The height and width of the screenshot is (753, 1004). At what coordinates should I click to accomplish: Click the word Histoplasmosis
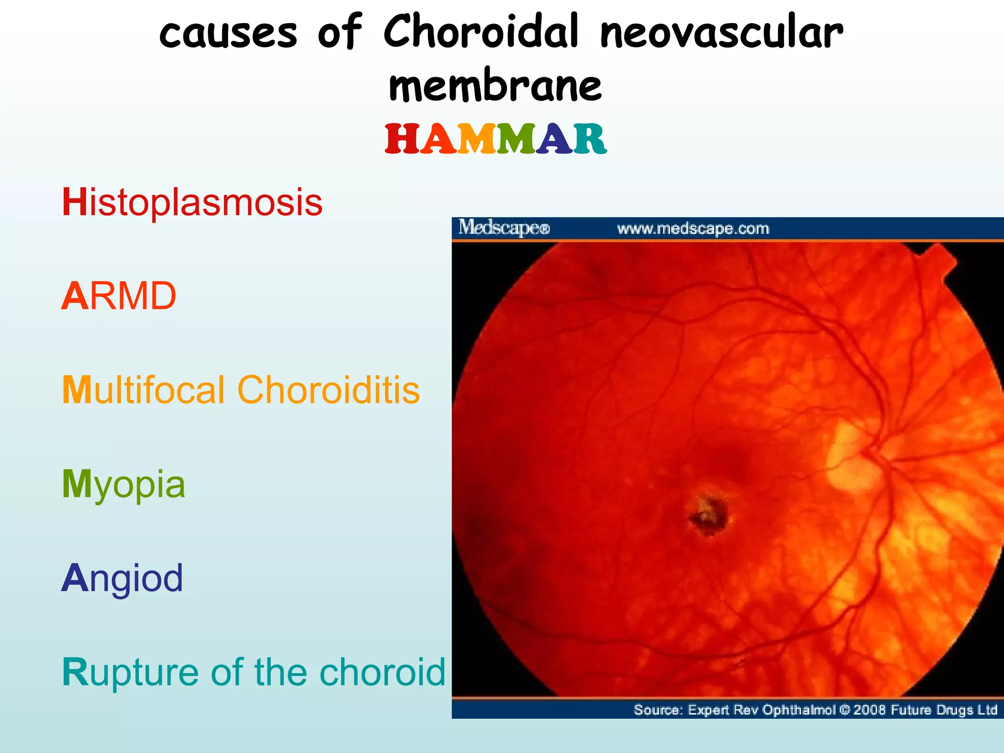[192, 202]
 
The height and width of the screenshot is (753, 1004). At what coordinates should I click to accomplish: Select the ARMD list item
[119, 296]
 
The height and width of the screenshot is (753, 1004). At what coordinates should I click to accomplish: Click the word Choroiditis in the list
[328, 390]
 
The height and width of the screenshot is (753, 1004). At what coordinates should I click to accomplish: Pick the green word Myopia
[124, 484]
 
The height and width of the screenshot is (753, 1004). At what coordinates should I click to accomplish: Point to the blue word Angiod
[122, 578]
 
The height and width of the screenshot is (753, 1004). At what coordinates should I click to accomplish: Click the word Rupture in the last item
[128, 673]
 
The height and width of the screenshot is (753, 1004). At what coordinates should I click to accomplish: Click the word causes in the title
[228, 33]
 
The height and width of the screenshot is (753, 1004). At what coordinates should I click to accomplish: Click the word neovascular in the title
[721, 33]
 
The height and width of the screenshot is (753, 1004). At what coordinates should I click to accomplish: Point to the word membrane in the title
[495, 86]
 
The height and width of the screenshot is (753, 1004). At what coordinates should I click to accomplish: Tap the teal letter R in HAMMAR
[590, 139]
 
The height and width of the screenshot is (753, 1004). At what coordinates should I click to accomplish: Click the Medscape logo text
[504, 228]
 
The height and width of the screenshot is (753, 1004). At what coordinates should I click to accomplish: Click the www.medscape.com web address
[693, 228]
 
